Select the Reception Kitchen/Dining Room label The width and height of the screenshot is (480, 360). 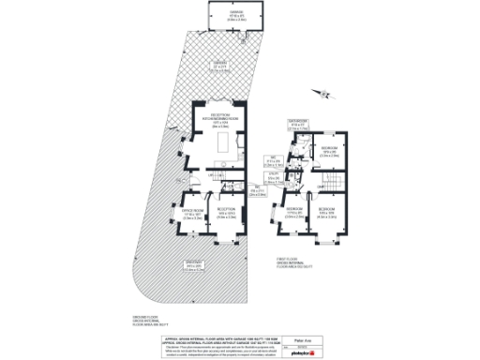pos(221,121)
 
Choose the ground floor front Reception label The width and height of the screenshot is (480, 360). pos(226,215)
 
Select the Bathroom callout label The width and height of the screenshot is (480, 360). pos(299,123)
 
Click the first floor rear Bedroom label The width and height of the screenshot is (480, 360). pos(330,152)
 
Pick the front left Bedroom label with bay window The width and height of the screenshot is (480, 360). pos(293,210)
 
